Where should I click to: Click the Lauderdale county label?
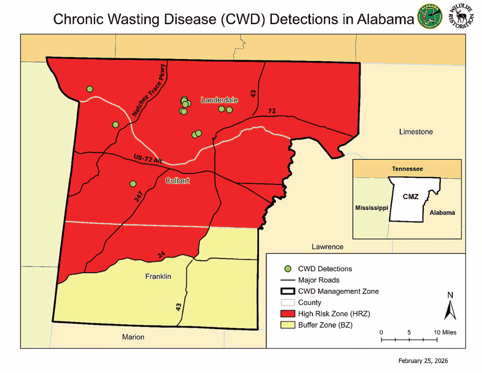click(x=219, y=100)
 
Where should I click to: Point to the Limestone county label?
click(x=416, y=132)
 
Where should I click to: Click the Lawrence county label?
click(x=328, y=247)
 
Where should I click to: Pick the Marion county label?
click(x=133, y=337)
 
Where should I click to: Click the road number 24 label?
click(x=161, y=255)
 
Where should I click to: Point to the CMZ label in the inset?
click(x=410, y=197)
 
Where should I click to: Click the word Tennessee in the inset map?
click(x=407, y=169)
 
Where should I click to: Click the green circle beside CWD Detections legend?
click(x=288, y=269)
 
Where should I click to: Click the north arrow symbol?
click(x=450, y=309)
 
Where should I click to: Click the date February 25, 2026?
click(x=423, y=361)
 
